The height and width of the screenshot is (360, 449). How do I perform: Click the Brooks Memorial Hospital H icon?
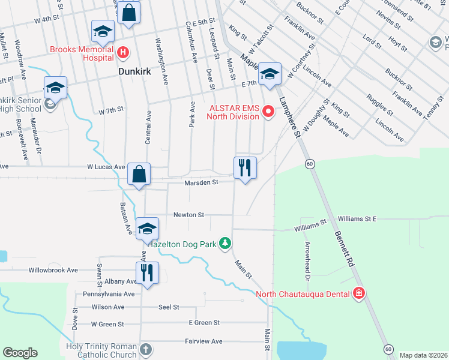coord(123,53)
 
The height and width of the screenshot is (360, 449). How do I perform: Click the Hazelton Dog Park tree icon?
coord(225,243)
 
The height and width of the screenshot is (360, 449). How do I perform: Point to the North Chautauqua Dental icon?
coord(359,293)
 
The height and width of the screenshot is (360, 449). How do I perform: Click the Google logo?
coord(20,353)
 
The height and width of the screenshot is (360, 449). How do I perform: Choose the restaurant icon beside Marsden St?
coord(245,167)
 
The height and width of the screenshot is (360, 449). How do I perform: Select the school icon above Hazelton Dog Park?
coord(147,228)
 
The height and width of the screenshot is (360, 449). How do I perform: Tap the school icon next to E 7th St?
coord(270,74)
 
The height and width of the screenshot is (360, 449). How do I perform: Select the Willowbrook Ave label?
coord(53,270)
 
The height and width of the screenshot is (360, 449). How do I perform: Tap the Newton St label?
coord(189,214)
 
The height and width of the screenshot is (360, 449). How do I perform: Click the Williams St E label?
coord(357,219)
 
